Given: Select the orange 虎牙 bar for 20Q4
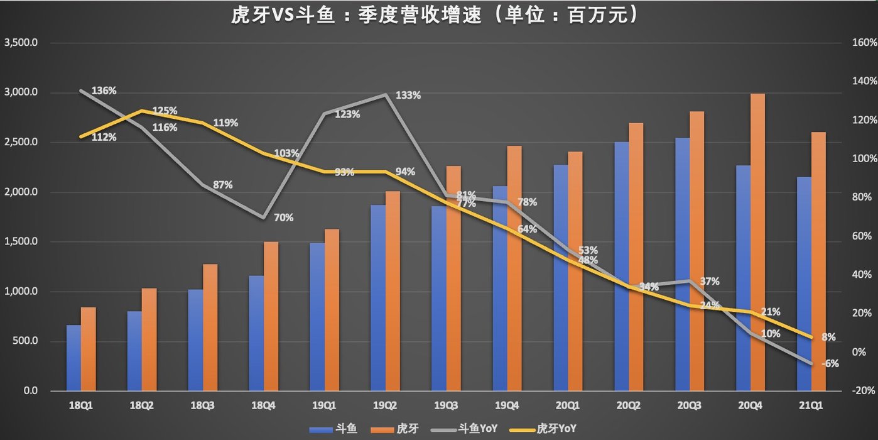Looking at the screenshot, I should [x=757, y=242].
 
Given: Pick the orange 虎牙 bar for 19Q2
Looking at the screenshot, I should [x=393, y=291].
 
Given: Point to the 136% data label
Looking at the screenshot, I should [x=104, y=91].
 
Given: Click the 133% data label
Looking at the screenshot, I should [x=408, y=96].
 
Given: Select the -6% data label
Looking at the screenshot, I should [x=830, y=363].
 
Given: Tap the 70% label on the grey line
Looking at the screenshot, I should [x=283, y=217].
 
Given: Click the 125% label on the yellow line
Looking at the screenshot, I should [x=165, y=111].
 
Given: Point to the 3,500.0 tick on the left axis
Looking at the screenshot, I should [x=21, y=43].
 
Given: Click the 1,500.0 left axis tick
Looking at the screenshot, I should [x=21, y=242].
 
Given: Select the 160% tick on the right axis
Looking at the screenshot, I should [x=864, y=43].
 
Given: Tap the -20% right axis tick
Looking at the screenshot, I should [x=864, y=390].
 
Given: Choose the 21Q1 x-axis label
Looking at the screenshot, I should [x=811, y=407].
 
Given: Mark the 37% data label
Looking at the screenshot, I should [x=710, y=281].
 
